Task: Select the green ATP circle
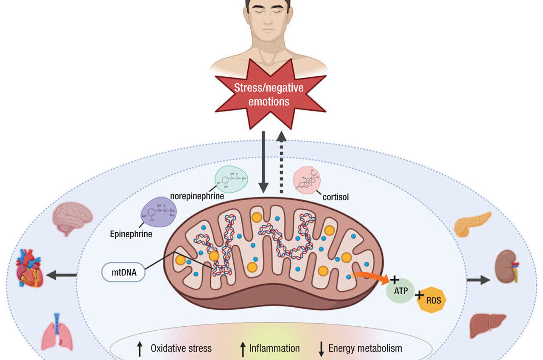pos(400,290)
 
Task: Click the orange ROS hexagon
pos(431,300)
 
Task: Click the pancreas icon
pos(472,224)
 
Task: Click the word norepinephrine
pos(197,197)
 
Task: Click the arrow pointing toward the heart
pos(61,276)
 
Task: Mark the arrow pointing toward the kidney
pos(478,280)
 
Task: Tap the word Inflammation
pos(274,349)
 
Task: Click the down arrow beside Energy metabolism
pos(322,349)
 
